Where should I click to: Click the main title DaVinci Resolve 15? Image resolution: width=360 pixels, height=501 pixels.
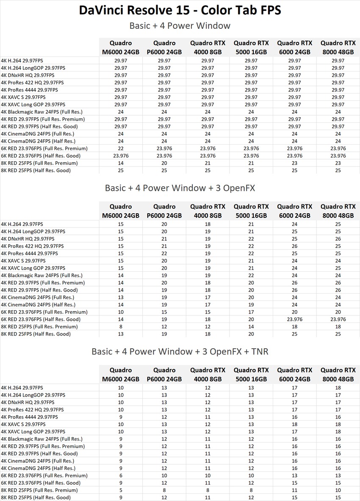click(180, 10)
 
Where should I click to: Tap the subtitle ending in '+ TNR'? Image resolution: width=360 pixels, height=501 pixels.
click(180, 352)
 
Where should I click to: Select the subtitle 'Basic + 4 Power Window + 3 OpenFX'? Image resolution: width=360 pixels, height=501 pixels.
click(180, 187)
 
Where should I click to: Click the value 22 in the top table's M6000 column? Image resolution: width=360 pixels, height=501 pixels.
click(121, 149)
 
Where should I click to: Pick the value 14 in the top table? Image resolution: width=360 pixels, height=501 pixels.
click(121, 163)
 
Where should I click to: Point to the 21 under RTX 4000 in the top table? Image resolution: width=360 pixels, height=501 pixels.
click(208, 163)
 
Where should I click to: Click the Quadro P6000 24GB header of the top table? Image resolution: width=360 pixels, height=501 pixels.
click(164, 47)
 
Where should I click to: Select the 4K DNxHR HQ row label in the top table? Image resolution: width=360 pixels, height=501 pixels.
click(28, 75)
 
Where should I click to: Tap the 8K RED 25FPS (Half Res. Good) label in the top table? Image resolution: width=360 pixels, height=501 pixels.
click(36, 171)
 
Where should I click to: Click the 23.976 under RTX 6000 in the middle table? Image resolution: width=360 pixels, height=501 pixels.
click(294, 319)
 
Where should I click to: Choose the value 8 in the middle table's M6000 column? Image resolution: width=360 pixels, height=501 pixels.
click(121, 327)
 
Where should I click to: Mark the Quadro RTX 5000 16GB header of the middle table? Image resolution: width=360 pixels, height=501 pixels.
click(251, 211)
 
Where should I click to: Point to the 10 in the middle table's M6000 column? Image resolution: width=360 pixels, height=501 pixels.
click(121, 312)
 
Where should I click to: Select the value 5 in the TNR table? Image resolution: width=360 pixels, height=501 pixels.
click(121, 490)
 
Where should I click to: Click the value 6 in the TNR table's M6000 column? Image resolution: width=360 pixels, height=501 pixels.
click(121, 476)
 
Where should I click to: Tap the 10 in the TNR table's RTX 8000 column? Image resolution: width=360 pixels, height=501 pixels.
click(338, 490)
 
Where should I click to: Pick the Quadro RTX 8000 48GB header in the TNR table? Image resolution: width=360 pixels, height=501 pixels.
click(338, 375)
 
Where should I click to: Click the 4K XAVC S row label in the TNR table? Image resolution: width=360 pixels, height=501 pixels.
click(23, 424)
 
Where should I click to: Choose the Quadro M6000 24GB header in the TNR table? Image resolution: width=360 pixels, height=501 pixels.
click(121, 375)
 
